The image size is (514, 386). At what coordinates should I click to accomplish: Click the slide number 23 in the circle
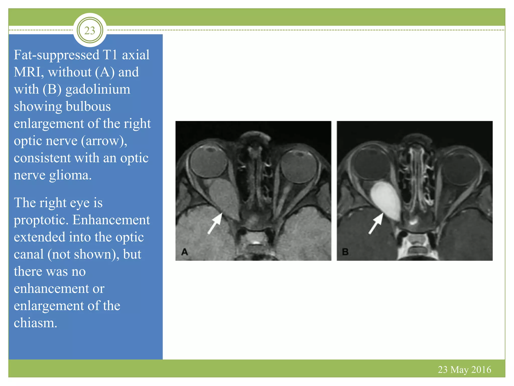coord(90,30)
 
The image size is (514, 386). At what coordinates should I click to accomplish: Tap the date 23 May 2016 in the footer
coord(464,369)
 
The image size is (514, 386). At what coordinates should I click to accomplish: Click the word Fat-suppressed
coord(56,55)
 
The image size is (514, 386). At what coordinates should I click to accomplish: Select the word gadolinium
coord(98,90)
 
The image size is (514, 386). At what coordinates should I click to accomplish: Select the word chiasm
coord(35,323)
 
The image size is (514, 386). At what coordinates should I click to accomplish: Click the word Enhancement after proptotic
coord(111,220)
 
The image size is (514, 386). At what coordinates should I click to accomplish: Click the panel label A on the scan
coord(184,252)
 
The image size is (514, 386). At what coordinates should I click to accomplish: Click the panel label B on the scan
coord(345,252)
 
